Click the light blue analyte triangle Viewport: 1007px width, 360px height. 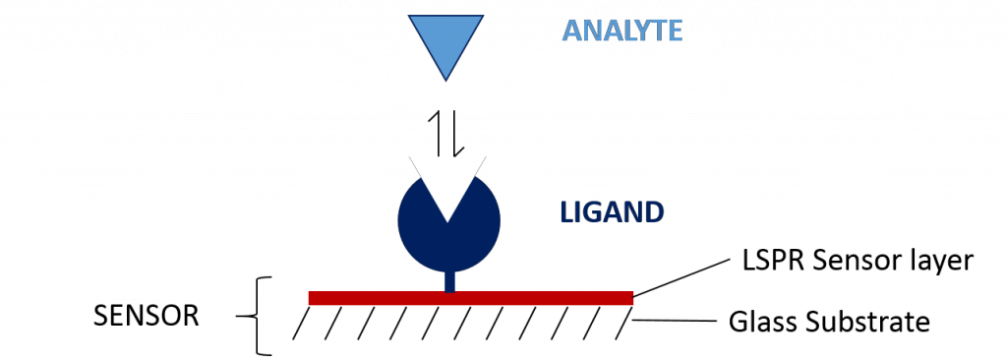(446, 39)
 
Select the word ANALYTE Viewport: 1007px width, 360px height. (622, 30)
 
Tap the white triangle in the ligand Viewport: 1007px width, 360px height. (447, 182)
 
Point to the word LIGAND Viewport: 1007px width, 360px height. (611, 211)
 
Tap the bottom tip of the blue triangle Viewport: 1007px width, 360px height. (446, 77)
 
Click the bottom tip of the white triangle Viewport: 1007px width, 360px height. (447, 220)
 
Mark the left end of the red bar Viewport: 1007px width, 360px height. (311, 298)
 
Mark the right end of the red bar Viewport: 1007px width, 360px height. (631, 298)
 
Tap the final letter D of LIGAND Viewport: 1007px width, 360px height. (654, 211)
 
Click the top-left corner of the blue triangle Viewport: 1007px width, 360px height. (412, 18)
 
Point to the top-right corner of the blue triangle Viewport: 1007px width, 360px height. (481, 18)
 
